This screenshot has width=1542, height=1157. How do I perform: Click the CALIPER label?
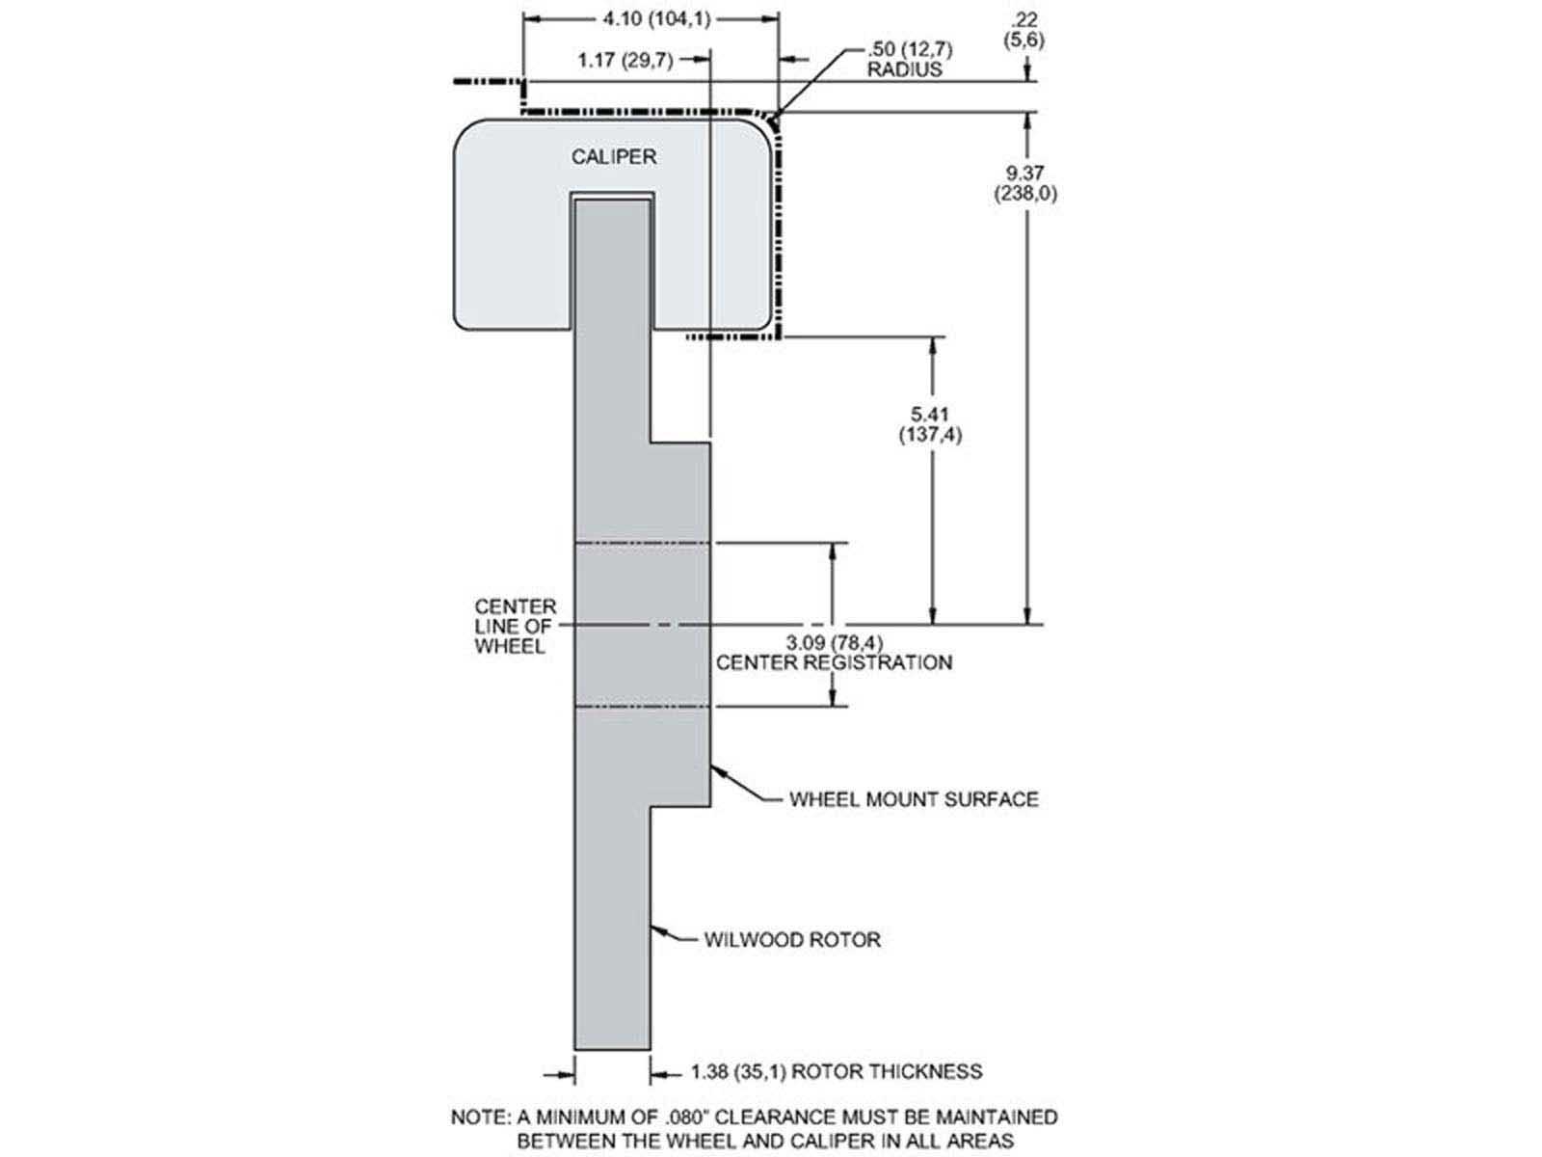tap(613, 156)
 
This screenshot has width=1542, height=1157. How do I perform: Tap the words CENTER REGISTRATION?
tap(834, 663)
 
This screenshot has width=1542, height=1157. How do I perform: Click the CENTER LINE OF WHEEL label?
tap(515, 627)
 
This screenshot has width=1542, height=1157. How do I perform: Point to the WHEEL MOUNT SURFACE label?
tap(914, 799)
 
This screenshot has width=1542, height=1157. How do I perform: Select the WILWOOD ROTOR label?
tap(791, 939)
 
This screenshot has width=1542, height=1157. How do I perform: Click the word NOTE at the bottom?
tap(479, 1117)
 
